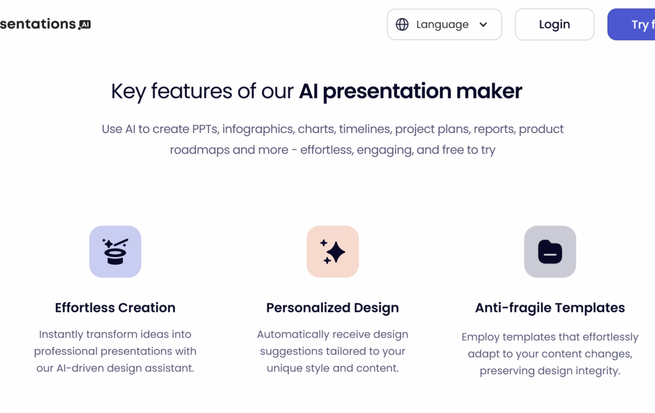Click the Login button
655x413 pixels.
(x=555, y=24)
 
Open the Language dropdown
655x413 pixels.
(x=444, y=24)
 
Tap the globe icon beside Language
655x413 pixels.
(x=402, y=24)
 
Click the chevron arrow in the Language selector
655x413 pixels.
(x=484, y=25)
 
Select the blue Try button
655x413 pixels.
(x=632, y=24)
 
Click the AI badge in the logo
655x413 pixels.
(x=85, y=25)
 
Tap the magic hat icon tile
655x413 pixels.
(x=115, y=252)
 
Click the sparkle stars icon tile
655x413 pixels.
(x=333, y=252)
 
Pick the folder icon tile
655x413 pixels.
(x=550, y=252)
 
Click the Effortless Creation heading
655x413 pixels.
(x=115, y=308)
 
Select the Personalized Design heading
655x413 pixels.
(x=332, y=308)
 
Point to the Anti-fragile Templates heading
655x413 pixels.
(x=550, y=308)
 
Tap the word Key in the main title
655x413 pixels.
(x=128, y=92)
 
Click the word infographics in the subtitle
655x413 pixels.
(x=258, y=129)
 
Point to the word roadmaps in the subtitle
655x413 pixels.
(x=200, y=150)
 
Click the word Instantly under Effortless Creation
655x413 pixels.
(x=61, y=334)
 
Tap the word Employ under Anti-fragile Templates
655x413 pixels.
(x=481, y=337)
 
